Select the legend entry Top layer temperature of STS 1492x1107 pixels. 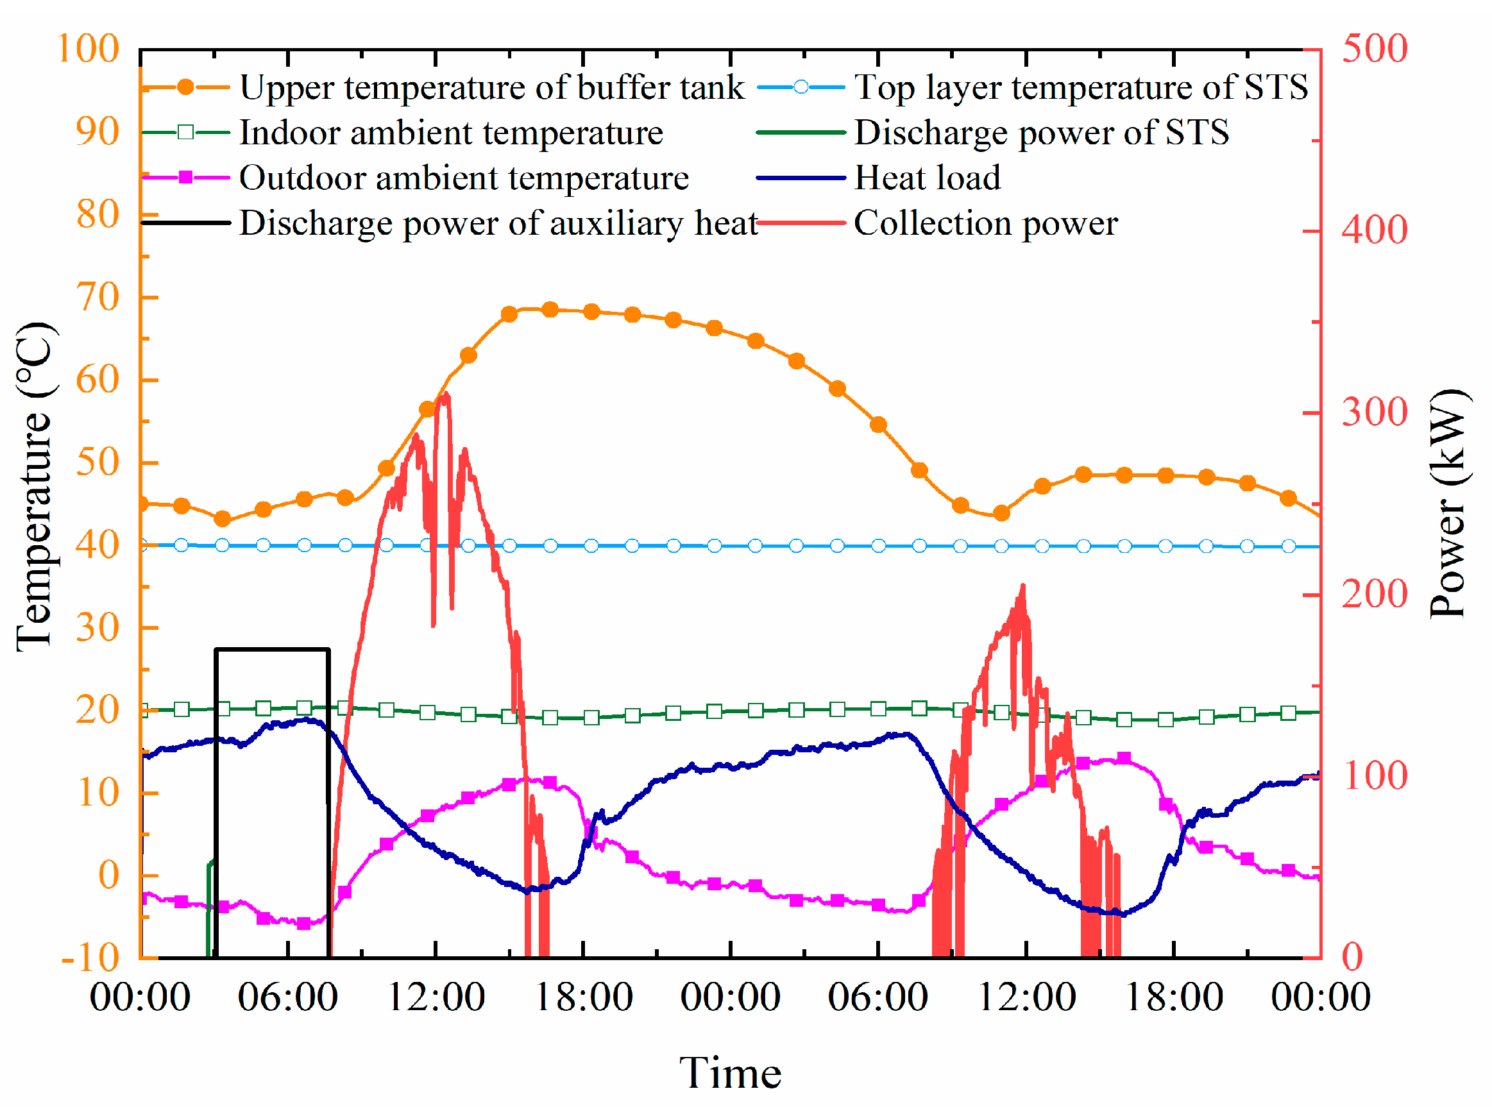pyautogui.click(x=1080, y=88)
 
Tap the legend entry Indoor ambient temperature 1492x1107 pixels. pyautogui.click(x=451, y=133)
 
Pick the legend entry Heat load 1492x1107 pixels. pyautogui.click(x=927, y=178)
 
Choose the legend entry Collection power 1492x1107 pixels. pyautogui.click(x=985, y=223)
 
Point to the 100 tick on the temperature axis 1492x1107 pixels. pyautogui.click(x=89, y=49)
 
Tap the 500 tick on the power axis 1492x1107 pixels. pyautogui.click(x=1374, y=49)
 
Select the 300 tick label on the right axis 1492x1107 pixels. pyautogui.click(x=1374, y=413)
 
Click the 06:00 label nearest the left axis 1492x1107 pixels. pyautogui.click(x=287, y=998)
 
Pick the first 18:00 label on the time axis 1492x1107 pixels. pyautogui.click(x=583, y=998)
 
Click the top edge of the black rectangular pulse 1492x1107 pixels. pyautogui.click(x=272, y=649)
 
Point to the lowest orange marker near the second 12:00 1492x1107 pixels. pyautogui.click(x=1001, y=514)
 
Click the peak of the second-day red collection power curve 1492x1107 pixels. pyautogui.click(x=1023, y=587)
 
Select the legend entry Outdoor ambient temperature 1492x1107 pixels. pyautogui.click(x=464, y=178)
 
